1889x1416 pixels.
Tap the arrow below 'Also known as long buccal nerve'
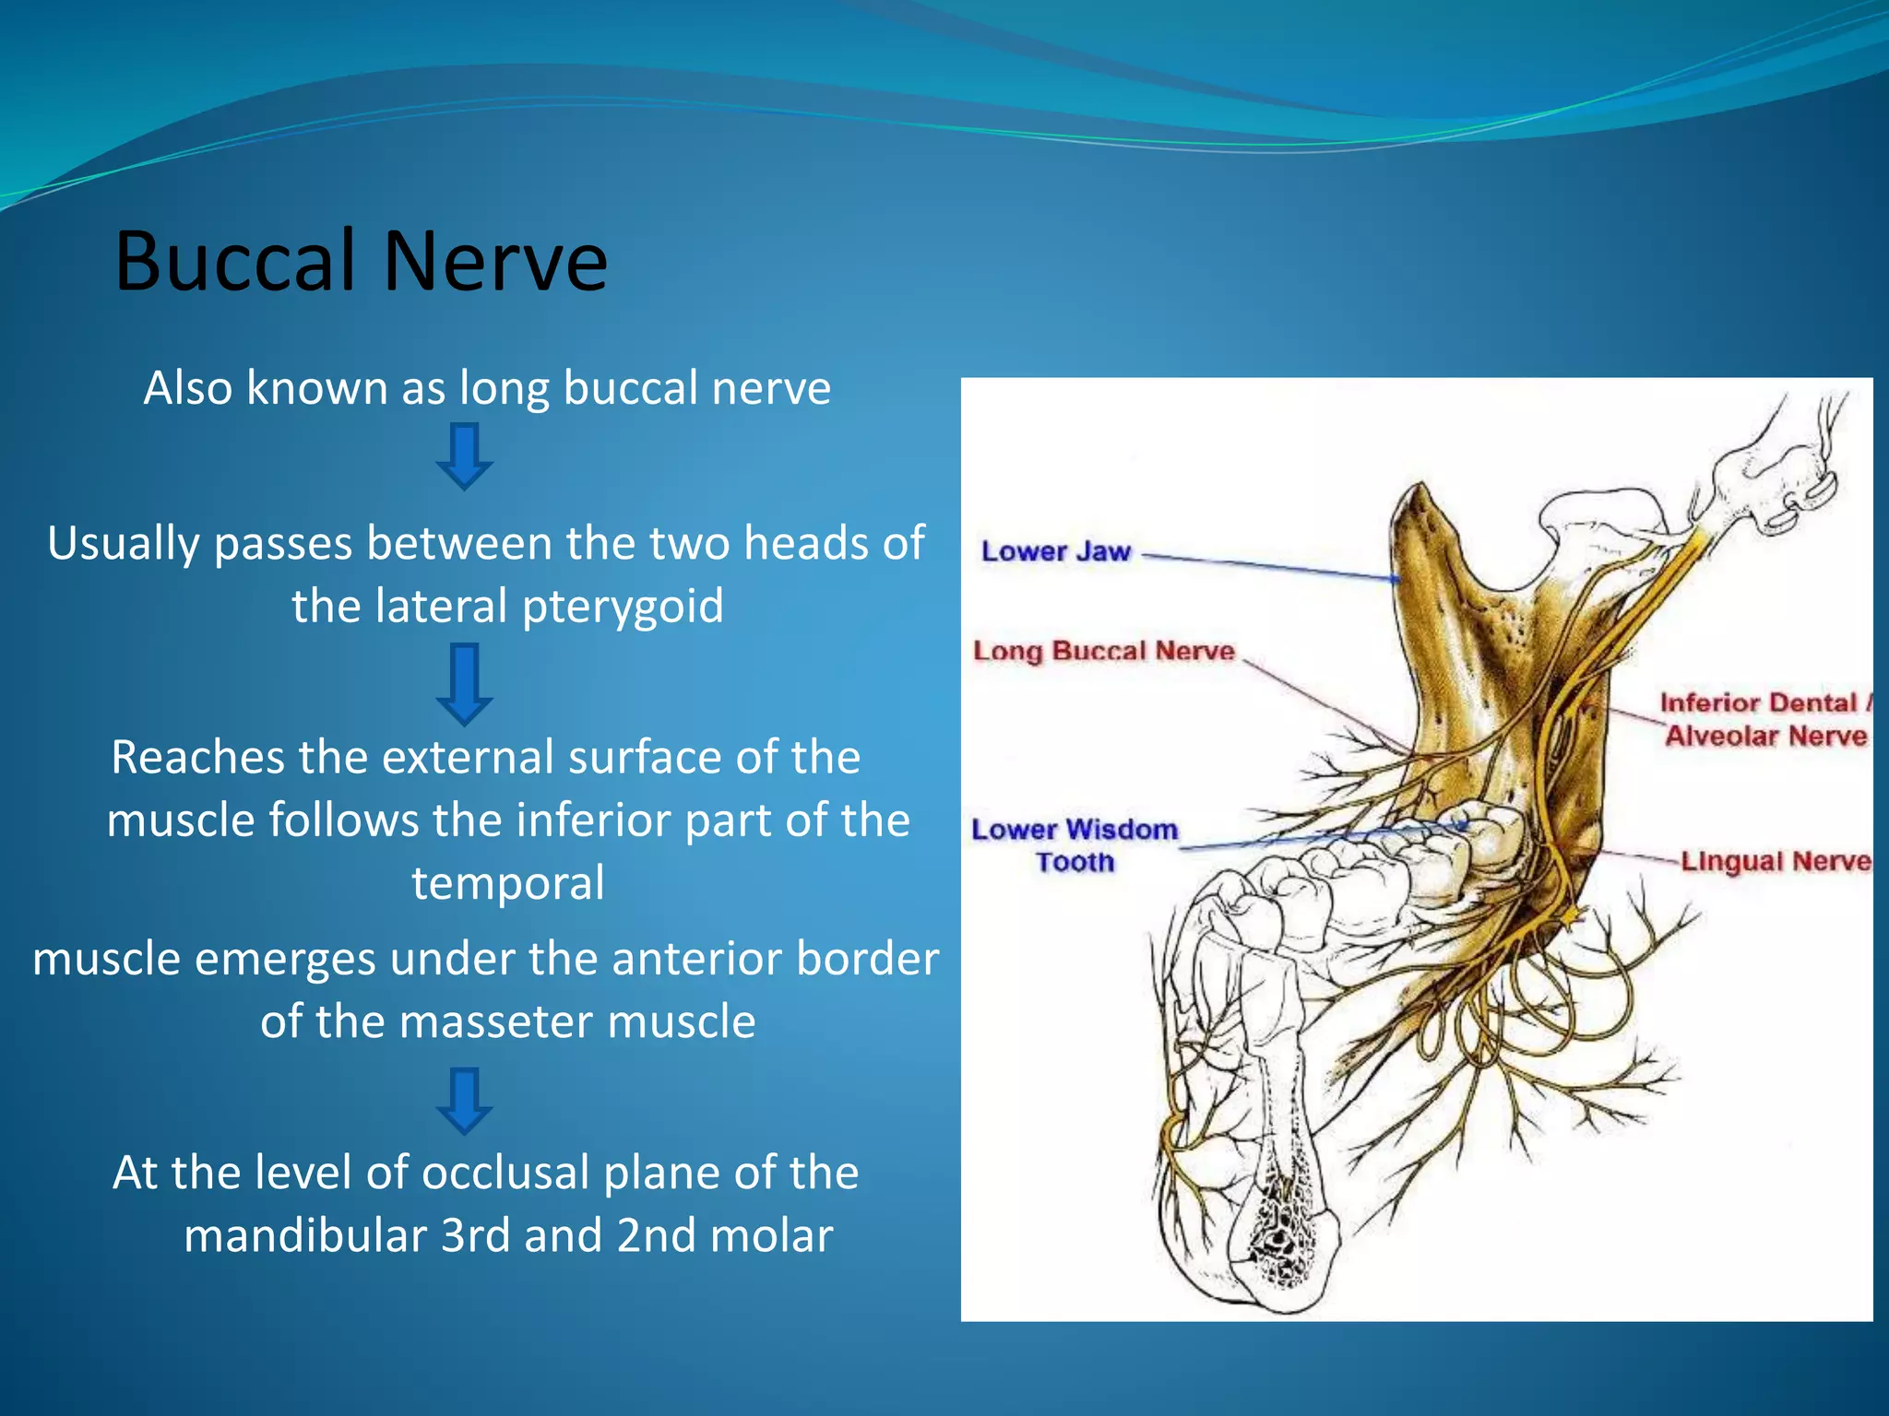[464, 455]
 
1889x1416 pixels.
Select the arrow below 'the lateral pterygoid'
[464, 683]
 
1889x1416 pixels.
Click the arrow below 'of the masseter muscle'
[464, 1100]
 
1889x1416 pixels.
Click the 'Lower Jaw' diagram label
[1055, 551]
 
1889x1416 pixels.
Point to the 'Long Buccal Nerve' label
[1103, 651]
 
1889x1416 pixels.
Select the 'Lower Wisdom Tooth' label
[1075, 844]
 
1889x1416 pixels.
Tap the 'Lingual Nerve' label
[1775, 861]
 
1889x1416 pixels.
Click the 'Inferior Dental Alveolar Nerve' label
[1764, 719]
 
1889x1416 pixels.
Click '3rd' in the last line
[475, 1236]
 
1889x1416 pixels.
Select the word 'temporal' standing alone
[508, 883]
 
